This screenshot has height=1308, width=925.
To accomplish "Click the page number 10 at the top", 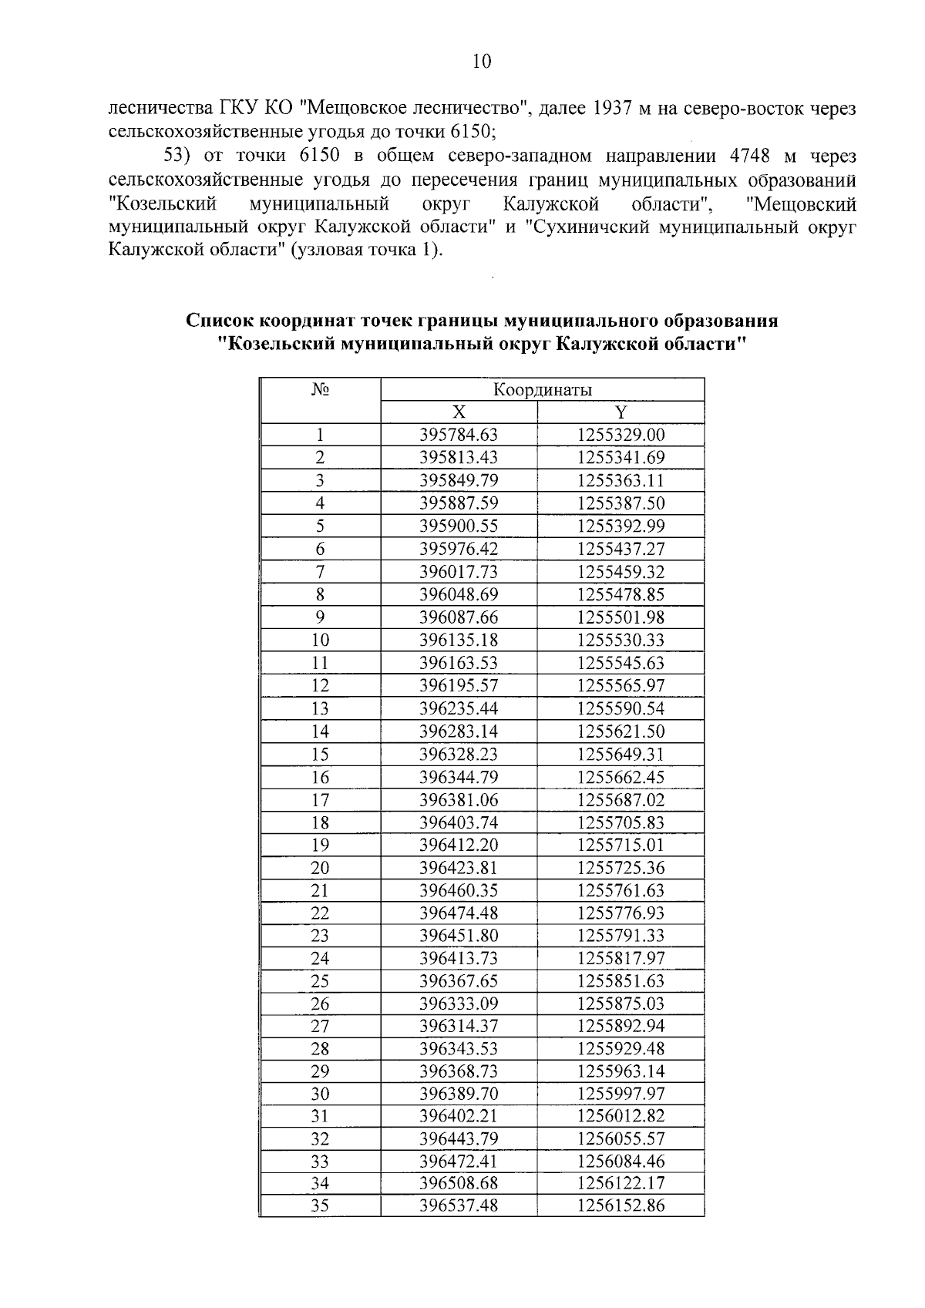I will [x=481, y=62].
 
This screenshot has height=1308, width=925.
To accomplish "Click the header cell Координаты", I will [x=543, y=390].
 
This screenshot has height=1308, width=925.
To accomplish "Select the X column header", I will [x=459, y=412].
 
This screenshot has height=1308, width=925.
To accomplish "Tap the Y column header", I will [x=621, y=412].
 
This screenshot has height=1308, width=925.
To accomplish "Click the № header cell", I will [x=320, y=390].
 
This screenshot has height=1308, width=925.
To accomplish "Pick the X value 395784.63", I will [x=459, y=435].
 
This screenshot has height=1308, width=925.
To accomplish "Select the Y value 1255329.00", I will [x=621, y=435].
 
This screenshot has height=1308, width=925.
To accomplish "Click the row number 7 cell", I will [x=320, y=572].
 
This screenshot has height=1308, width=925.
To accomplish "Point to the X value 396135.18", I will [x=459, y=641].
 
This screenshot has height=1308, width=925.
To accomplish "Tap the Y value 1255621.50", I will [x=621, y=731].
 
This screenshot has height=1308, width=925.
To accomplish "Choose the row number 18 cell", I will [x=320, y=822].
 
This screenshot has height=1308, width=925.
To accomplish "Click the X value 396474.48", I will [x=459, y=913].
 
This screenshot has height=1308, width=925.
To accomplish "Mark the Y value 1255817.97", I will [x=621, y=959].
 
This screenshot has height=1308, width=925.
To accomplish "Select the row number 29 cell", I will [x=320, y=1072].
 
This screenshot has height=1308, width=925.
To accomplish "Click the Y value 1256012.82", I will [x=621, y=1117].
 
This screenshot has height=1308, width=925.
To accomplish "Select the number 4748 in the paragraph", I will [x=749, y=156].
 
